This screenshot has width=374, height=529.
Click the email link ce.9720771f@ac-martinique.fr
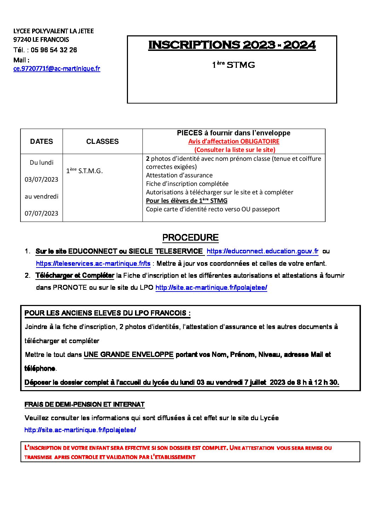tap(57, 69)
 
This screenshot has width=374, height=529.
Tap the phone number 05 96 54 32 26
tap(54, 50)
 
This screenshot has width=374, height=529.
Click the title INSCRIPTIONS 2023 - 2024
tap(232, 45)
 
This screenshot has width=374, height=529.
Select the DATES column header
tap(41, 141)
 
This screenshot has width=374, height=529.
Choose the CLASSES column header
tap(103, 141)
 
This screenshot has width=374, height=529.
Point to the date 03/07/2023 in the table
tap(41, 180)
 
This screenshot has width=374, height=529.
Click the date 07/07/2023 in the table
tap(41, 213)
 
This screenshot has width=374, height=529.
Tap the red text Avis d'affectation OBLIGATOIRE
tap(234, 141)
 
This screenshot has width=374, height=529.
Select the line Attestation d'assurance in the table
tap(179, 175)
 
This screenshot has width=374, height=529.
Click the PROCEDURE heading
tap(190, 238)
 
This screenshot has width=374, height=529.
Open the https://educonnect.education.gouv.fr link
tap(262, 251)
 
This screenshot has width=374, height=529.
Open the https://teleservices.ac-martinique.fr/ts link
tap(93, 264)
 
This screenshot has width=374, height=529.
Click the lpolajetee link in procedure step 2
tap(211, 288)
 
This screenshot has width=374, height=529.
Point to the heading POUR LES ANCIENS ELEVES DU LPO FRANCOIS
tap(107, 313)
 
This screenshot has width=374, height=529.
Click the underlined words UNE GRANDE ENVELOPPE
tap(129, 354)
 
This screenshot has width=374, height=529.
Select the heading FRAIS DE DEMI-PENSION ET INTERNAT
tap(84, 404)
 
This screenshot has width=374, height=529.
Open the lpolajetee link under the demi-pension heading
tap(80, 430)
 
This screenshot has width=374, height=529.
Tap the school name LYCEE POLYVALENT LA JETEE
tap(54, 31)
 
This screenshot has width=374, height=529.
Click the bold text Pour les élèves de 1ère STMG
tap(187, 201)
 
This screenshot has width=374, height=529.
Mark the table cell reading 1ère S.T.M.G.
tap(84, 171)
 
